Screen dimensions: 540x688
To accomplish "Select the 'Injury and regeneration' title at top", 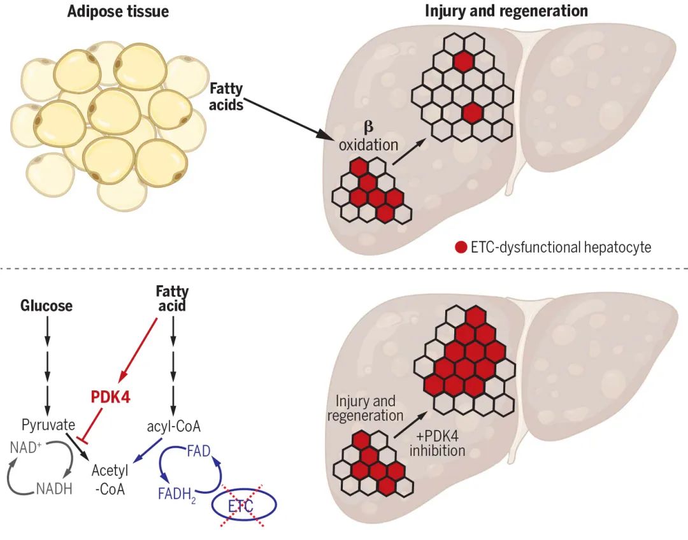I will pos(506,11).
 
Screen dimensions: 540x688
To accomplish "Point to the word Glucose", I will pos(47,306).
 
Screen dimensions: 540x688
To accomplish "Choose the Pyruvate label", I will pos(48,424).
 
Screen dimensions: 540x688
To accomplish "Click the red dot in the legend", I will pos(461,247).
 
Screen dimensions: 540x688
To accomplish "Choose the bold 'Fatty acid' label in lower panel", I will pos(173,299).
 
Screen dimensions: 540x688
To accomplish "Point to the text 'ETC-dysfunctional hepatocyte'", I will pos(561,247).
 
